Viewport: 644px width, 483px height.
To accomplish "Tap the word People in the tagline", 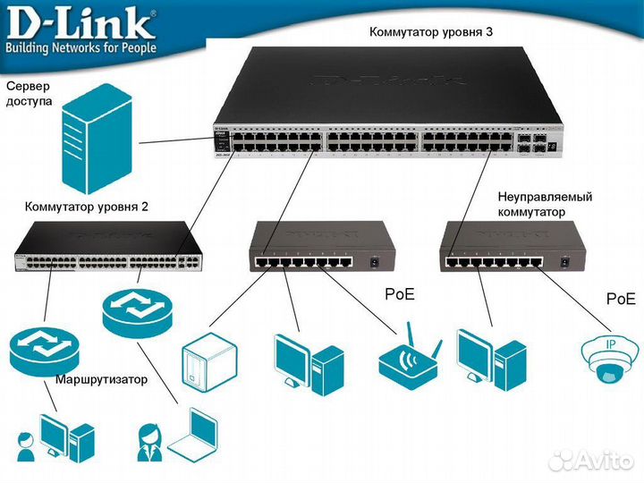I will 133,47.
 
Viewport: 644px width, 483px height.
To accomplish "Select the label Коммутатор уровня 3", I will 431,31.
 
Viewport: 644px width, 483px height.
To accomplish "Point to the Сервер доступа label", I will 29,94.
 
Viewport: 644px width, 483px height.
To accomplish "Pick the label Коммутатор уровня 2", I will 87,206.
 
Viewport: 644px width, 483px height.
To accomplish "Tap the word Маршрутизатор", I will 101,379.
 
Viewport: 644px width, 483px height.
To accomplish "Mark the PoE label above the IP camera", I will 620,298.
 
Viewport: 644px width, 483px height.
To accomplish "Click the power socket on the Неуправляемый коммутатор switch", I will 565,262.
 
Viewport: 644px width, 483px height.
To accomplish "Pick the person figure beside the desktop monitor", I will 27,445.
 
